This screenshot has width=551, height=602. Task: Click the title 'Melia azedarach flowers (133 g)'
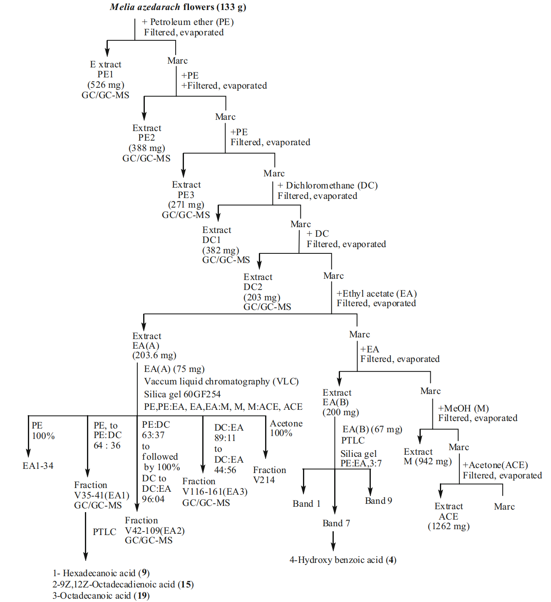pyautogui.click(x=178, y=7)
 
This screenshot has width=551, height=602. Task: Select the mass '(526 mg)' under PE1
pyautogui.click(x=106, y=85)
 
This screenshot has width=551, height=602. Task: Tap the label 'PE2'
pyautogui.click(x=146, y=138)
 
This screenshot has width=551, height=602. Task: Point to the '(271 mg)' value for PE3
pyautogui.click(x=186, y=205)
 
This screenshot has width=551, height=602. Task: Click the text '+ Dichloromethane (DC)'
pyautogui.click(x=328, y=186)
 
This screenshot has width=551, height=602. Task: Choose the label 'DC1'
pyautogui.click(x=211, y=240)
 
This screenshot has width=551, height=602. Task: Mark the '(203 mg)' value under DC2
pyautogui.click(x=262, y=297)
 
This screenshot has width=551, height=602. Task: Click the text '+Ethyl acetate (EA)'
pyautogui.click(x=377, y=294)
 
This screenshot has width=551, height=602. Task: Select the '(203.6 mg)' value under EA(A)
pyautogui.click(x=154, y=355)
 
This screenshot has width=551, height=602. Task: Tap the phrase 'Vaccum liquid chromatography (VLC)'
pyautogui.click(x=221, y=382)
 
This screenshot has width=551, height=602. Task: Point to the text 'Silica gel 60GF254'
pyautogui.click(x=182, y=394)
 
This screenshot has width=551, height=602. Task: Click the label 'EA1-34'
pyautogui.click(x=38, y=466)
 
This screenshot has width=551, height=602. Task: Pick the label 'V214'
pyautogui.click(x=264, y=480)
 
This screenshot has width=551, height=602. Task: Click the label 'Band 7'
pyautogui.click(x=336, y=523)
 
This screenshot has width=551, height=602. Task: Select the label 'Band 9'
pyautogui.click(x=378, y=501)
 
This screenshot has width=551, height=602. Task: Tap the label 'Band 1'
pyautogui.click(x=306, y=504)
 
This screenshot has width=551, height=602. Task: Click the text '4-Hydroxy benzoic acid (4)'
pyautogui.click(x=343, y=560)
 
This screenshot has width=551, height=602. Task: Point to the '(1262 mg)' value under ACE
pyautogui.click(x=449, y=526)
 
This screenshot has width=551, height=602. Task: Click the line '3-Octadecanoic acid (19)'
pyautogui.click(x=101, y=596)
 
